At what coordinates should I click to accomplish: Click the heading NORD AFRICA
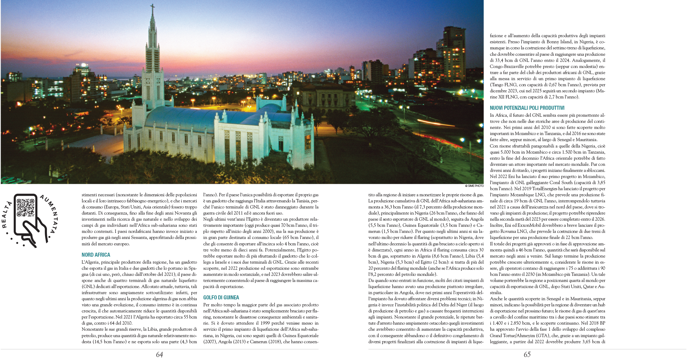(96, 255)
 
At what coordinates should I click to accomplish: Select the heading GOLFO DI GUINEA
(221, 298)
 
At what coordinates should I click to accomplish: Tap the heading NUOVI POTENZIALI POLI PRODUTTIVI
(527, 108)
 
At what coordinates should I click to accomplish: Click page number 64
(159, 355)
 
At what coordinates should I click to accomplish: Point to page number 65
(527, 355)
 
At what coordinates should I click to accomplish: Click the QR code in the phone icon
(25, 207)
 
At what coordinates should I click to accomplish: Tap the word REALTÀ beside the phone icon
(7, 215)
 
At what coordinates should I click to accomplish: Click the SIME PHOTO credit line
(474, 186)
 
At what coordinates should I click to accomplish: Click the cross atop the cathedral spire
(152, 7)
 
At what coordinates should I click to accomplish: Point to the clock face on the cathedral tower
(148, 81)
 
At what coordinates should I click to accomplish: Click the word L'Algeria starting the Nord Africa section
(90, 262)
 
